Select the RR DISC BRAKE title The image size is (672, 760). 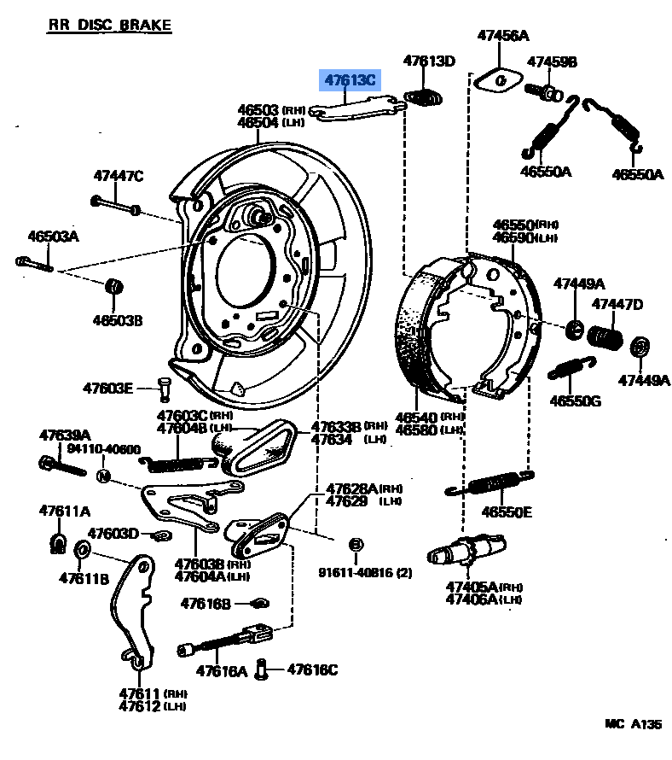tap(109, 26)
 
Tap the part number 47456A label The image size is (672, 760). tap(502, 36)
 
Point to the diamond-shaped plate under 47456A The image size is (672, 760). tap(497, 79)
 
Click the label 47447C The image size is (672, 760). tap(118, 177)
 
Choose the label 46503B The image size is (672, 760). tap(118, 320)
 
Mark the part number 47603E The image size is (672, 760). tap(108, 388)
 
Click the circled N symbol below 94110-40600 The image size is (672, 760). tap(102, 476)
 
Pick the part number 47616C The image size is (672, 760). tap(312, 669)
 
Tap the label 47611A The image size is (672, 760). tap(64, 511)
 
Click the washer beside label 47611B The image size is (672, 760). tap(83, 549)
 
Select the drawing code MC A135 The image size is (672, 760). tap(633, 723)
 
